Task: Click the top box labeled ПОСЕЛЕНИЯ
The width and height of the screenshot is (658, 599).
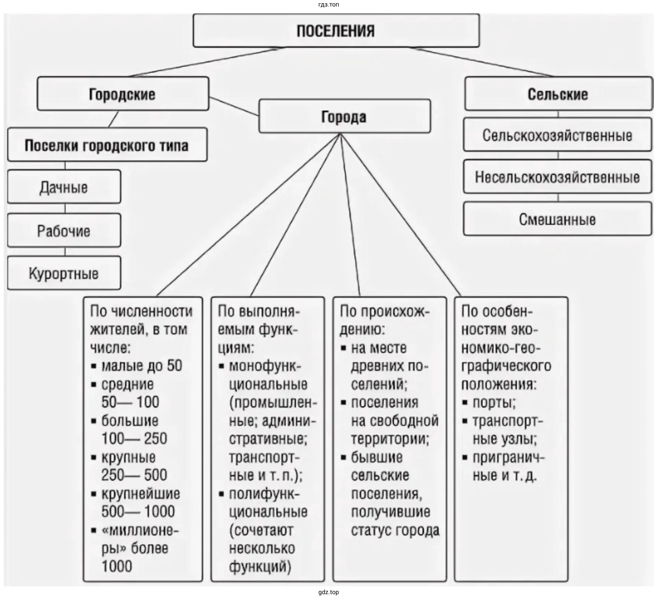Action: tap(336, 31)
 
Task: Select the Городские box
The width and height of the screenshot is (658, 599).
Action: tap(123, 94)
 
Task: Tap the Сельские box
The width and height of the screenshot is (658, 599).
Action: tap(558, 94)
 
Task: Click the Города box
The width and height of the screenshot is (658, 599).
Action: tap(344, 117)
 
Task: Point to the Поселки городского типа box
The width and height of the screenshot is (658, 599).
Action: tap(107, 145)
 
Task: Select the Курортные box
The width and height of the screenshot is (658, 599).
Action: tap(64, 274)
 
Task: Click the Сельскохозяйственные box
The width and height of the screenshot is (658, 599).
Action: tap(557, 135)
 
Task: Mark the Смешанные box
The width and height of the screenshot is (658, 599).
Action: tap(557, 219)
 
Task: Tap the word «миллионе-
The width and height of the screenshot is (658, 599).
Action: tap(140, 530)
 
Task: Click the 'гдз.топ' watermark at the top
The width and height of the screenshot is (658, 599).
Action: tap(329, 5)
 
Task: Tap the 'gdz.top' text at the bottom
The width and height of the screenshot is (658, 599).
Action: tap(329, 592)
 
